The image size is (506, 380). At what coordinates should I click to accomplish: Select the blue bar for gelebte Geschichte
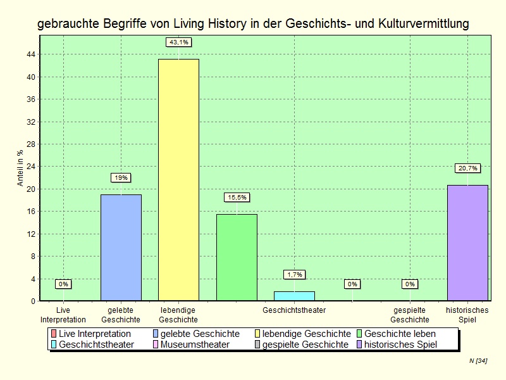tap(121, 248)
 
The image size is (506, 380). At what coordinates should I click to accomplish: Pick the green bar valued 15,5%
tap(237, 257)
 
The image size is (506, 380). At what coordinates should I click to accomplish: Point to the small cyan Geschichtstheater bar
tap(294, 296)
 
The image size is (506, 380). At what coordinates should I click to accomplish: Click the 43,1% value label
tap(178, 42)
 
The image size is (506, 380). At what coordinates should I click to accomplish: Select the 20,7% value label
tap(467, 168)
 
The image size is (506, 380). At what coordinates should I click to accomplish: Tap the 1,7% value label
tap(294, 274)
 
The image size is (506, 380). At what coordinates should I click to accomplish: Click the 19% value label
tap(121, 178)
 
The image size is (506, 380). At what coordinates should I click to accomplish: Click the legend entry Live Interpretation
tap(94, 334)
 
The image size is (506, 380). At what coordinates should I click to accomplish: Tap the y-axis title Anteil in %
tap(20, 168)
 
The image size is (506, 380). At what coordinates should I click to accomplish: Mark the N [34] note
tap(478, 360)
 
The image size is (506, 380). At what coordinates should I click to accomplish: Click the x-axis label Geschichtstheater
tap(294, 310)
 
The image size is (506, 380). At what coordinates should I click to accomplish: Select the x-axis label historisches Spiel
tap(467, 315)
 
